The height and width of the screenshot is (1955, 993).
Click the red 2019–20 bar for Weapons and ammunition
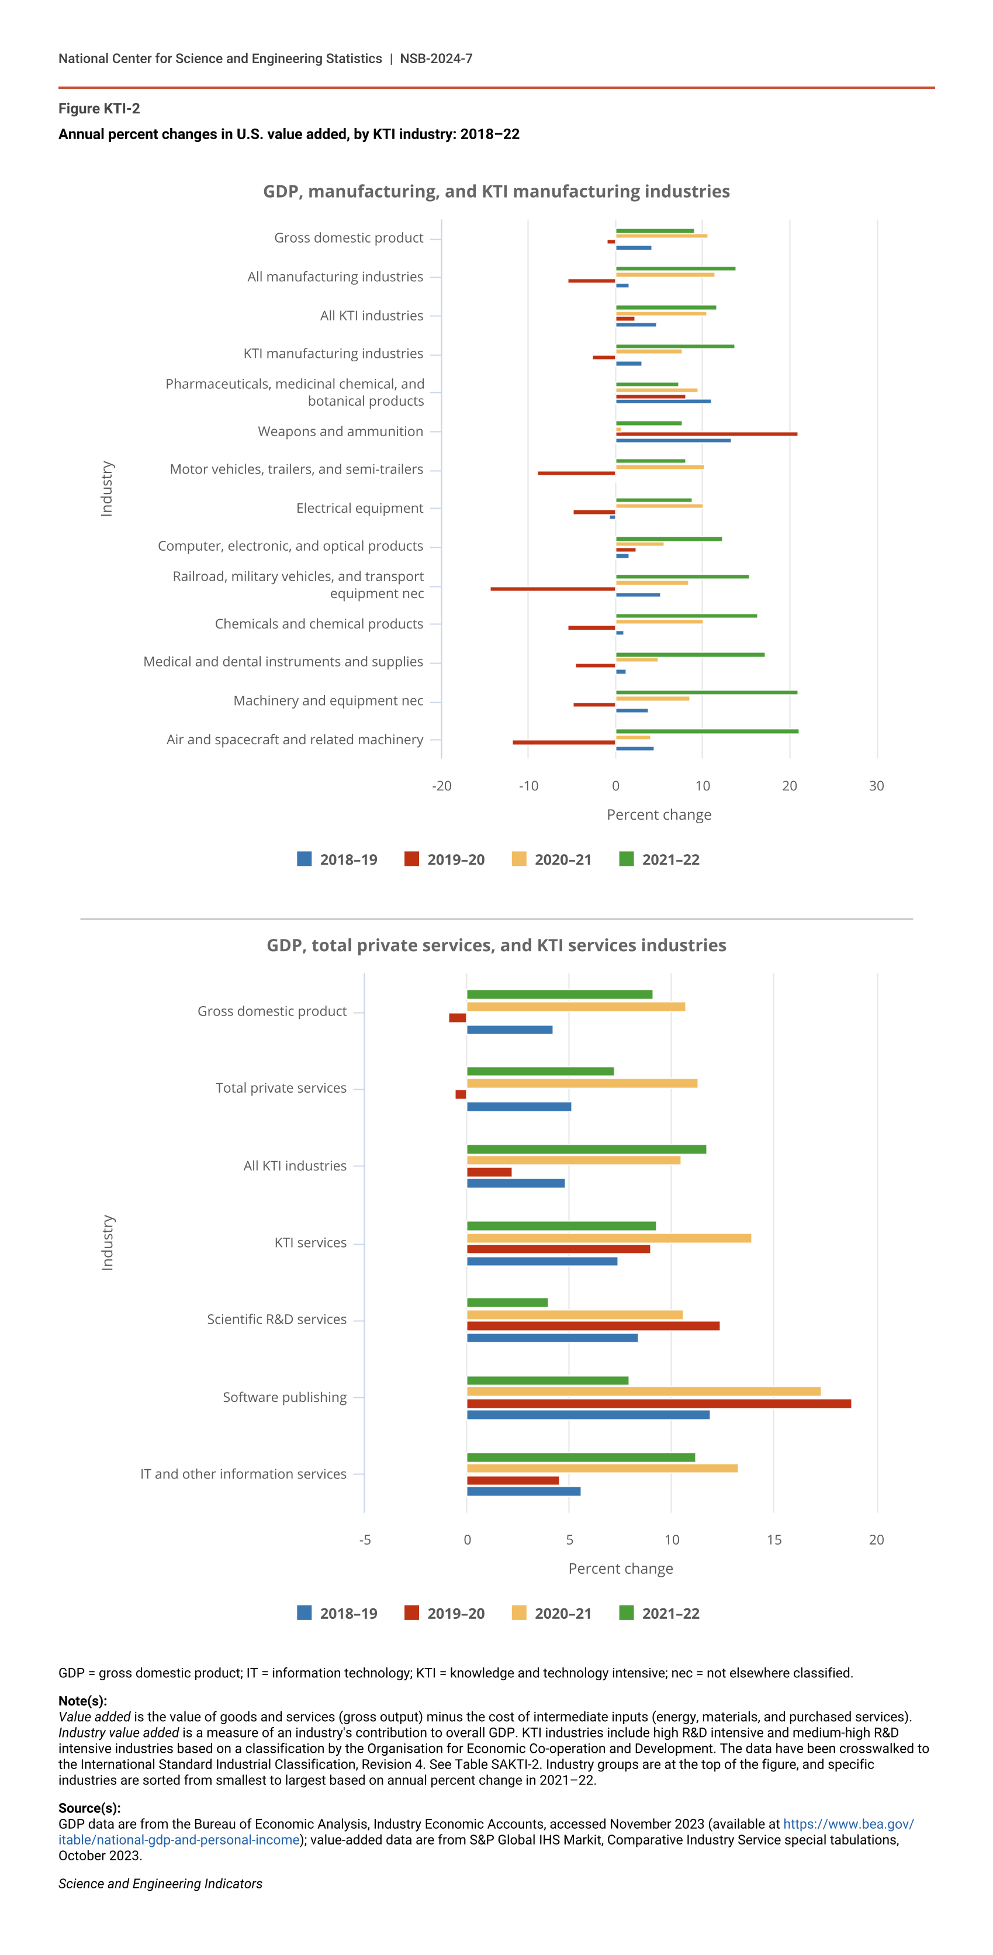click(x=705, y=434)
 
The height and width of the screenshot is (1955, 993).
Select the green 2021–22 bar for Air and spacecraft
click(x=706, y=731)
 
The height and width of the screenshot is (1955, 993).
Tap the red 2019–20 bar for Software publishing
click(x=659, y=1403)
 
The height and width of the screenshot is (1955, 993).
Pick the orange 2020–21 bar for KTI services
click(x=608, y=1238)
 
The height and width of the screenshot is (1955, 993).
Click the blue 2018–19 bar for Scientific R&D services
click(x=552, y=1338)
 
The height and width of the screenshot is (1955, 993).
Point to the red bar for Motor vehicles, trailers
click(x=576, y=473)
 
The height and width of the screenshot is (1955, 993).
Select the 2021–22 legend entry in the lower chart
click(x=659, y=1614)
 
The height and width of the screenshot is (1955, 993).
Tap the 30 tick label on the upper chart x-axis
click(x=876, y=786)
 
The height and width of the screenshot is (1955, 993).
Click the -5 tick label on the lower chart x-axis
click(x=365, y=1540)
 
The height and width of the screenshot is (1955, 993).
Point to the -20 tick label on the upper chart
click(x=441, y=786)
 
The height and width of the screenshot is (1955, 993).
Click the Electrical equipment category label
click(x=359, y=507)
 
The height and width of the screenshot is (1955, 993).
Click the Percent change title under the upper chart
click(x=659, y=814)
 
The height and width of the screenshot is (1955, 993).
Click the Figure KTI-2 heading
click(x=99, y=109)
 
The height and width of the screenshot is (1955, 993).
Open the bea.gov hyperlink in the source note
click(x=848, y=1823)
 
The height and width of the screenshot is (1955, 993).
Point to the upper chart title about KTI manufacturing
click(x=496, y=191)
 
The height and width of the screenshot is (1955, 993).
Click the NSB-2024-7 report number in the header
click(x=436, y=58)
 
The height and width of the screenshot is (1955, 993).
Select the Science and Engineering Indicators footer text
click(x=160, y=1884)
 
